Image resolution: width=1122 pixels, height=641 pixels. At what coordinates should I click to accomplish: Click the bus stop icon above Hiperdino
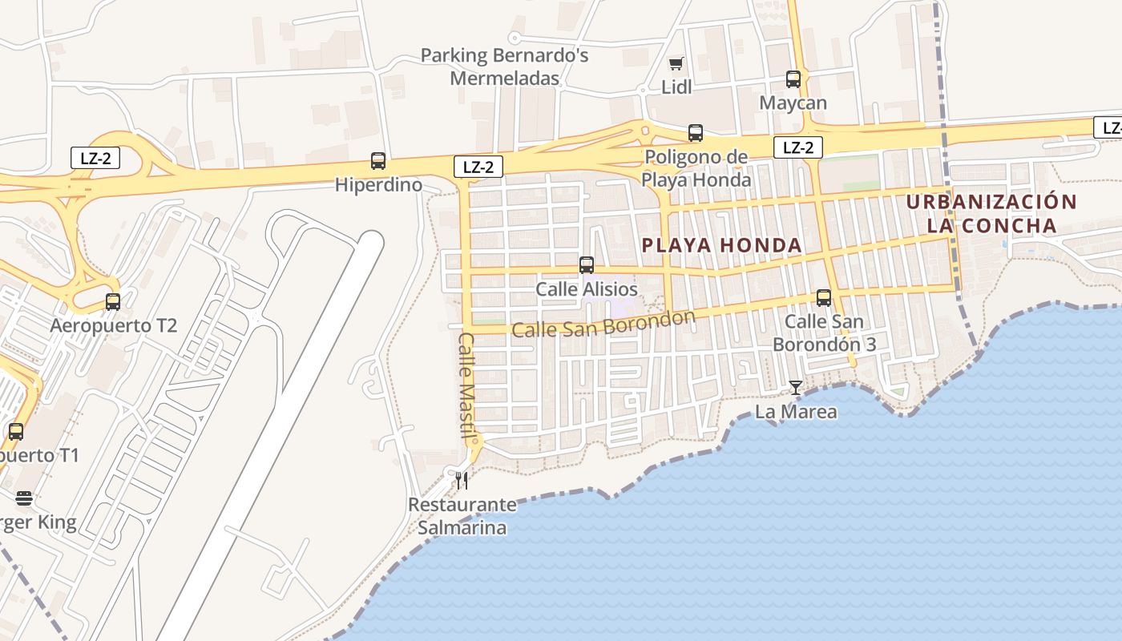tap(378, 161)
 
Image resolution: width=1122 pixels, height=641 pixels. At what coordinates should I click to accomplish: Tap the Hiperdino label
tap(378, 185)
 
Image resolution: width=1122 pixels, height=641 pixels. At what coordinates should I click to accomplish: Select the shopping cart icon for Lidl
tap(676, 63)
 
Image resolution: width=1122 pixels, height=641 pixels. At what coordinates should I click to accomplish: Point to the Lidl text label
tap(676, 87)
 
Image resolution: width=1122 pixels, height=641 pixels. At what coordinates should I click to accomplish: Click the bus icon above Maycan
tap(793, 79)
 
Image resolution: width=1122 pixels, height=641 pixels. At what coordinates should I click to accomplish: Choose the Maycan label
tap(793, 103)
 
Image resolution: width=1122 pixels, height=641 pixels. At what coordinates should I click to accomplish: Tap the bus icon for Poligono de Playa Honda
tap(696, 133)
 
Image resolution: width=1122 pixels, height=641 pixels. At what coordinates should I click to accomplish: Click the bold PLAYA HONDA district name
tap(722, 245)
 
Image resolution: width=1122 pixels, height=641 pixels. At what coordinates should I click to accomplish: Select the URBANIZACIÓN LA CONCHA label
tap(991, 213)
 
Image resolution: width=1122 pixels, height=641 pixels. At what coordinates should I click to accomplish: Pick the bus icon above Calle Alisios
tap(587, 265)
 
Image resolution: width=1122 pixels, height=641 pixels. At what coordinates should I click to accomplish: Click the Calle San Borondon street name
tap(603, 325)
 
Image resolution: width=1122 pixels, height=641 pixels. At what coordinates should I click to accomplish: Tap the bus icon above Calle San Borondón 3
tap(824, 298)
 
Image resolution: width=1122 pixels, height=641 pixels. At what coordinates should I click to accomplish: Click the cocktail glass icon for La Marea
tap(795, 388)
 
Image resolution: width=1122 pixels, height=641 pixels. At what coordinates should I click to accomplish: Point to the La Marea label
tap(796, 412)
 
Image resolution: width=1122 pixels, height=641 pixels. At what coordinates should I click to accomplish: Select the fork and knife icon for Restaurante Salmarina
tap(462, 481)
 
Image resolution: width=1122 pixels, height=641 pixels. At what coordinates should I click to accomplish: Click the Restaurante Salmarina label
tap(462, 516)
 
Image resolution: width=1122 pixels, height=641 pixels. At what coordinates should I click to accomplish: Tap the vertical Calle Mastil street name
tap(466, 385)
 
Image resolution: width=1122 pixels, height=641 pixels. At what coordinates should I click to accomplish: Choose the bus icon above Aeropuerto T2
tap(113, 302)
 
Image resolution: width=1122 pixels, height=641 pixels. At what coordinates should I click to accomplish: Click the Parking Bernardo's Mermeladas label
tap(505, 67)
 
